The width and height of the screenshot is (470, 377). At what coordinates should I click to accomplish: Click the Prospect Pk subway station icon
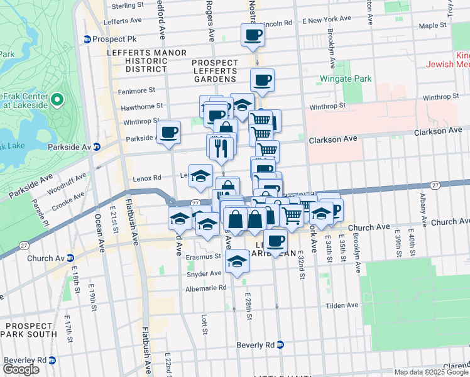(x=87, y=39)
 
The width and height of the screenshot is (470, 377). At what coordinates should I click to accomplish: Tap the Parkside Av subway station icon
(x=97, y=147)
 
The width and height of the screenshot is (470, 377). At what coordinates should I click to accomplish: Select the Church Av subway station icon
(x=70, y=258)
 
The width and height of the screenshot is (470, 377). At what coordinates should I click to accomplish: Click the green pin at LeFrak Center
(x=57, y=100)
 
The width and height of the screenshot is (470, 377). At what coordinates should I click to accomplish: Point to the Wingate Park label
(x=346, y=79)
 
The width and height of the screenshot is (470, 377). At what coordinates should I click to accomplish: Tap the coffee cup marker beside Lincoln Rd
(x=253, y=35)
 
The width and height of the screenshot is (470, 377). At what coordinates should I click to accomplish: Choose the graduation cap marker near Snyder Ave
(x=237, y=261)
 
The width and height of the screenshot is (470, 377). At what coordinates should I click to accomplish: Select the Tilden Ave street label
(x=342, y=305)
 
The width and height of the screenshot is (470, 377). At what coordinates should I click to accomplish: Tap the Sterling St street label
(x=128, y=6)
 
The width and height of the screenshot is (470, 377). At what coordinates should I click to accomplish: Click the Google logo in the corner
(x=21, y=369)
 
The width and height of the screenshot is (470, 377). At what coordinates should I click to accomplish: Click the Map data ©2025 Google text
(x=431, y=372)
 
